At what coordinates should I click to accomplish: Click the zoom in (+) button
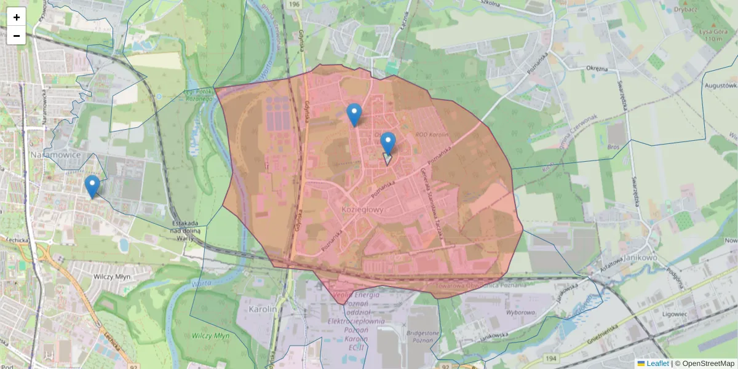(x=17, y=17)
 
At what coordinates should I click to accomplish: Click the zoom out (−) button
(x=17, y=36)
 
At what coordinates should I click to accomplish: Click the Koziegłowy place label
(x=362, y=209)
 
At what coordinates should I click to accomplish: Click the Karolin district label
(x=264, y=309)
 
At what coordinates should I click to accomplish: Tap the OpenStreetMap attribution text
(x=708, y=363)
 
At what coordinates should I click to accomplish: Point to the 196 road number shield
(x=293, y=4)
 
